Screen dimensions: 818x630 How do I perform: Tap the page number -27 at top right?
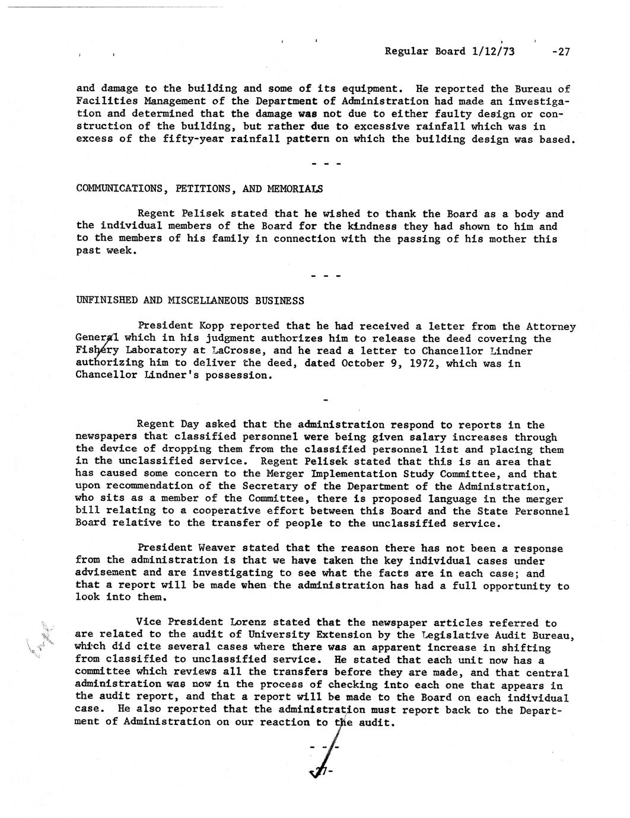point(560,52)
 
